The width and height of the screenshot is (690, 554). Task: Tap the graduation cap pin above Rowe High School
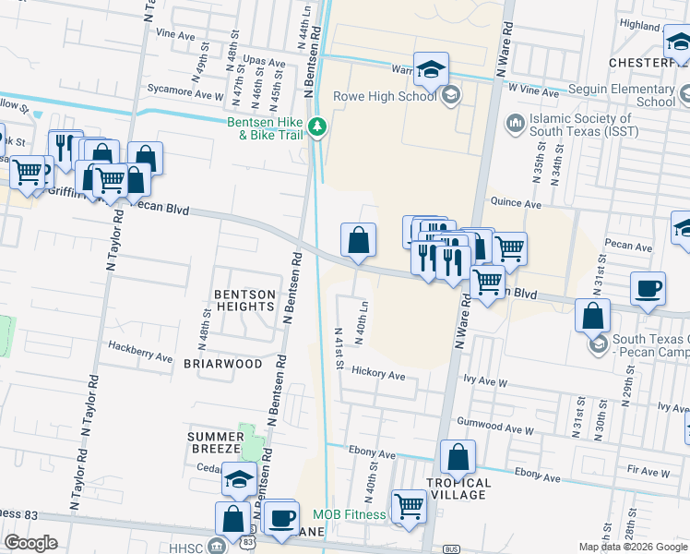[x=431, y=69]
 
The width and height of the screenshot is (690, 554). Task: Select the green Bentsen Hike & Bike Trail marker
[x=317, y=126]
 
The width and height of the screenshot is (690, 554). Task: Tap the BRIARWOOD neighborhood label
[x=223, y=364]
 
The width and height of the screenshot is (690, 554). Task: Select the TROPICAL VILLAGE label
[x=458, y=489]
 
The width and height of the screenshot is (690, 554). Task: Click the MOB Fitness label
[x=348, y=514]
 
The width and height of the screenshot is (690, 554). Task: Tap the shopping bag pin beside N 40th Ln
[x=358, y=240]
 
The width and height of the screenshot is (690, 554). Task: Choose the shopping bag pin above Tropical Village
[x=458, y=457]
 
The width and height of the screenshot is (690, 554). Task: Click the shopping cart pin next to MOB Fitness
[x=409, y=506]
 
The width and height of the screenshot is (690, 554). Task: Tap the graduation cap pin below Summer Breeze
[x=239, y=479]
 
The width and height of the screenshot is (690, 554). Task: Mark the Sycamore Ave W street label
[x=191, y=95]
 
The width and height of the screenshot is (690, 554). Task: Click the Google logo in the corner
[x=31, y=543]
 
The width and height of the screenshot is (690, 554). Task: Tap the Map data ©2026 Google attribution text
[x=632, y=547]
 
